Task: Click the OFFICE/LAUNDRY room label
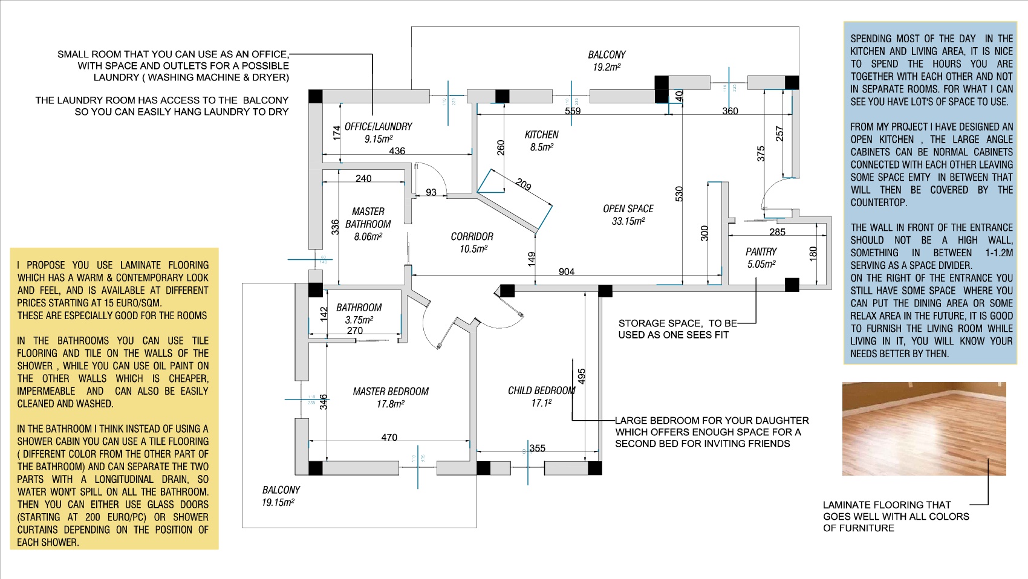pos(378,127)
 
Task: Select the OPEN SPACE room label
pos(628,209)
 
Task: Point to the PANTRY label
pos(761,251)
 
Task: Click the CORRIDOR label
pos(472,237)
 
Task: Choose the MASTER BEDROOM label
pos(391,392)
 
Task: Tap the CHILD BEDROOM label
pos(541,391)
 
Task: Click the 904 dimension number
pos(567,272)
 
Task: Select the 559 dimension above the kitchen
pos(573,111)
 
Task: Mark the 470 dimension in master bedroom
pos(389,438)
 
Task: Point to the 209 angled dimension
pos(523,185)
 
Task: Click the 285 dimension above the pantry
pos(777,232)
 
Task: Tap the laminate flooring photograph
pos(923,429)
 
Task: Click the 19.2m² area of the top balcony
pos(607,67)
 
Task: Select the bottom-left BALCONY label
pos(281,490)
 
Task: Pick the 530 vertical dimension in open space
pos(678,194)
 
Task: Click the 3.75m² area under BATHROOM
pos(359,320)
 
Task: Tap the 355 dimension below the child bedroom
pos(538,448)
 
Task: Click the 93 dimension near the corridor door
pos(431,193)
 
